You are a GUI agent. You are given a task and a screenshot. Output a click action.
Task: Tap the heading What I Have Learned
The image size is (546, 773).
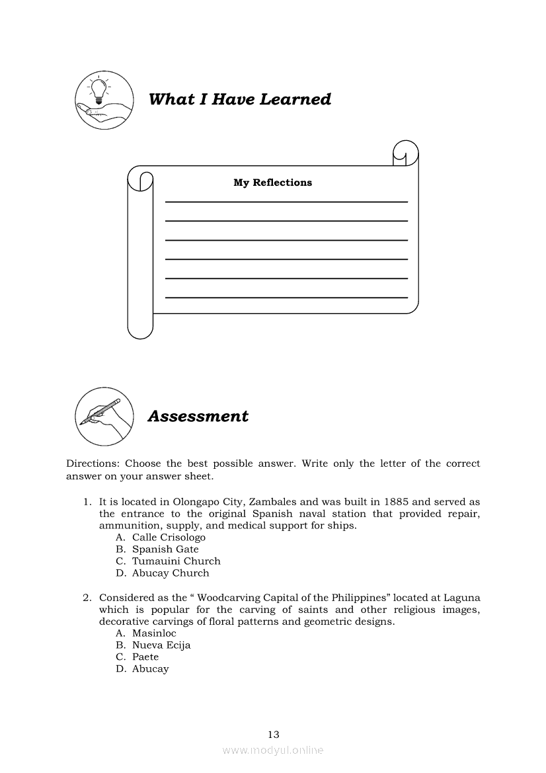tap(240, 99)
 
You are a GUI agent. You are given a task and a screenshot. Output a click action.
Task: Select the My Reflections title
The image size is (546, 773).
tap(272, 183)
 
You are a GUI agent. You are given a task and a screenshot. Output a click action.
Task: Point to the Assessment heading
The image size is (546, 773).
tap(198, 416)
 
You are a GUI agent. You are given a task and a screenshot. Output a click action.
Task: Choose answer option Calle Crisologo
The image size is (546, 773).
tap(169, 538)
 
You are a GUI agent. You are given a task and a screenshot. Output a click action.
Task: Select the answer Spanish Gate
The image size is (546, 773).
tap(165, 549)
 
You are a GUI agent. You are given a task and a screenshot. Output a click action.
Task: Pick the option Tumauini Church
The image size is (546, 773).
tap(176, 561)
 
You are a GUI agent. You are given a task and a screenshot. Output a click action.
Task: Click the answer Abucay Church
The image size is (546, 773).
tap(171, 573)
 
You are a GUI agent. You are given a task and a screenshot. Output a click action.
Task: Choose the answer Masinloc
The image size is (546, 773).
tap(154, 633)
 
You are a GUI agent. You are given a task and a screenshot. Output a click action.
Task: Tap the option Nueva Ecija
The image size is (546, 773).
tap(161, 645)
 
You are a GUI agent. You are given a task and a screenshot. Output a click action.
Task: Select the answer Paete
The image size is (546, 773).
tap(145, 657)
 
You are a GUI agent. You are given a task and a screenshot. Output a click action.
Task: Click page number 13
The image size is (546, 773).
tap(274, 734)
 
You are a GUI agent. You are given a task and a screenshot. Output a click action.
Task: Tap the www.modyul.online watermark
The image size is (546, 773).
tap(273, 751)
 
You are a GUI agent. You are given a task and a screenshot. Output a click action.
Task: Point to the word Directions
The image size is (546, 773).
tap(93, 464)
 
